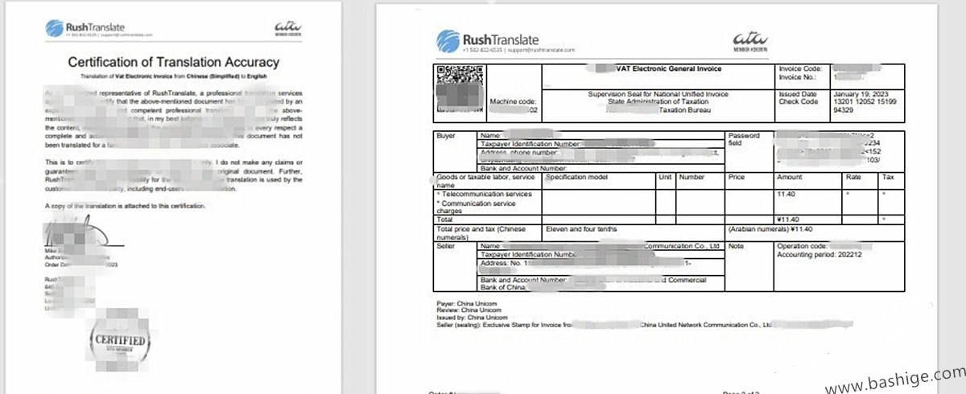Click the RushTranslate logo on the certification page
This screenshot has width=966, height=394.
[85, 29]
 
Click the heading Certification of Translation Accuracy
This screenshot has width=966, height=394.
[173, 62]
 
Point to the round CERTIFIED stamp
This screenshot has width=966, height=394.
[122, 341]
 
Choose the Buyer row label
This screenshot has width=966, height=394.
[444, 136]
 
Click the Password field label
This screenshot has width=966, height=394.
[745, 139]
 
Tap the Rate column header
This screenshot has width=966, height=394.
[852, 177]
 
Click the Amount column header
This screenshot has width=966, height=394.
[790, 177]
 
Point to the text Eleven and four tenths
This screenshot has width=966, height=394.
[582, 229]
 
